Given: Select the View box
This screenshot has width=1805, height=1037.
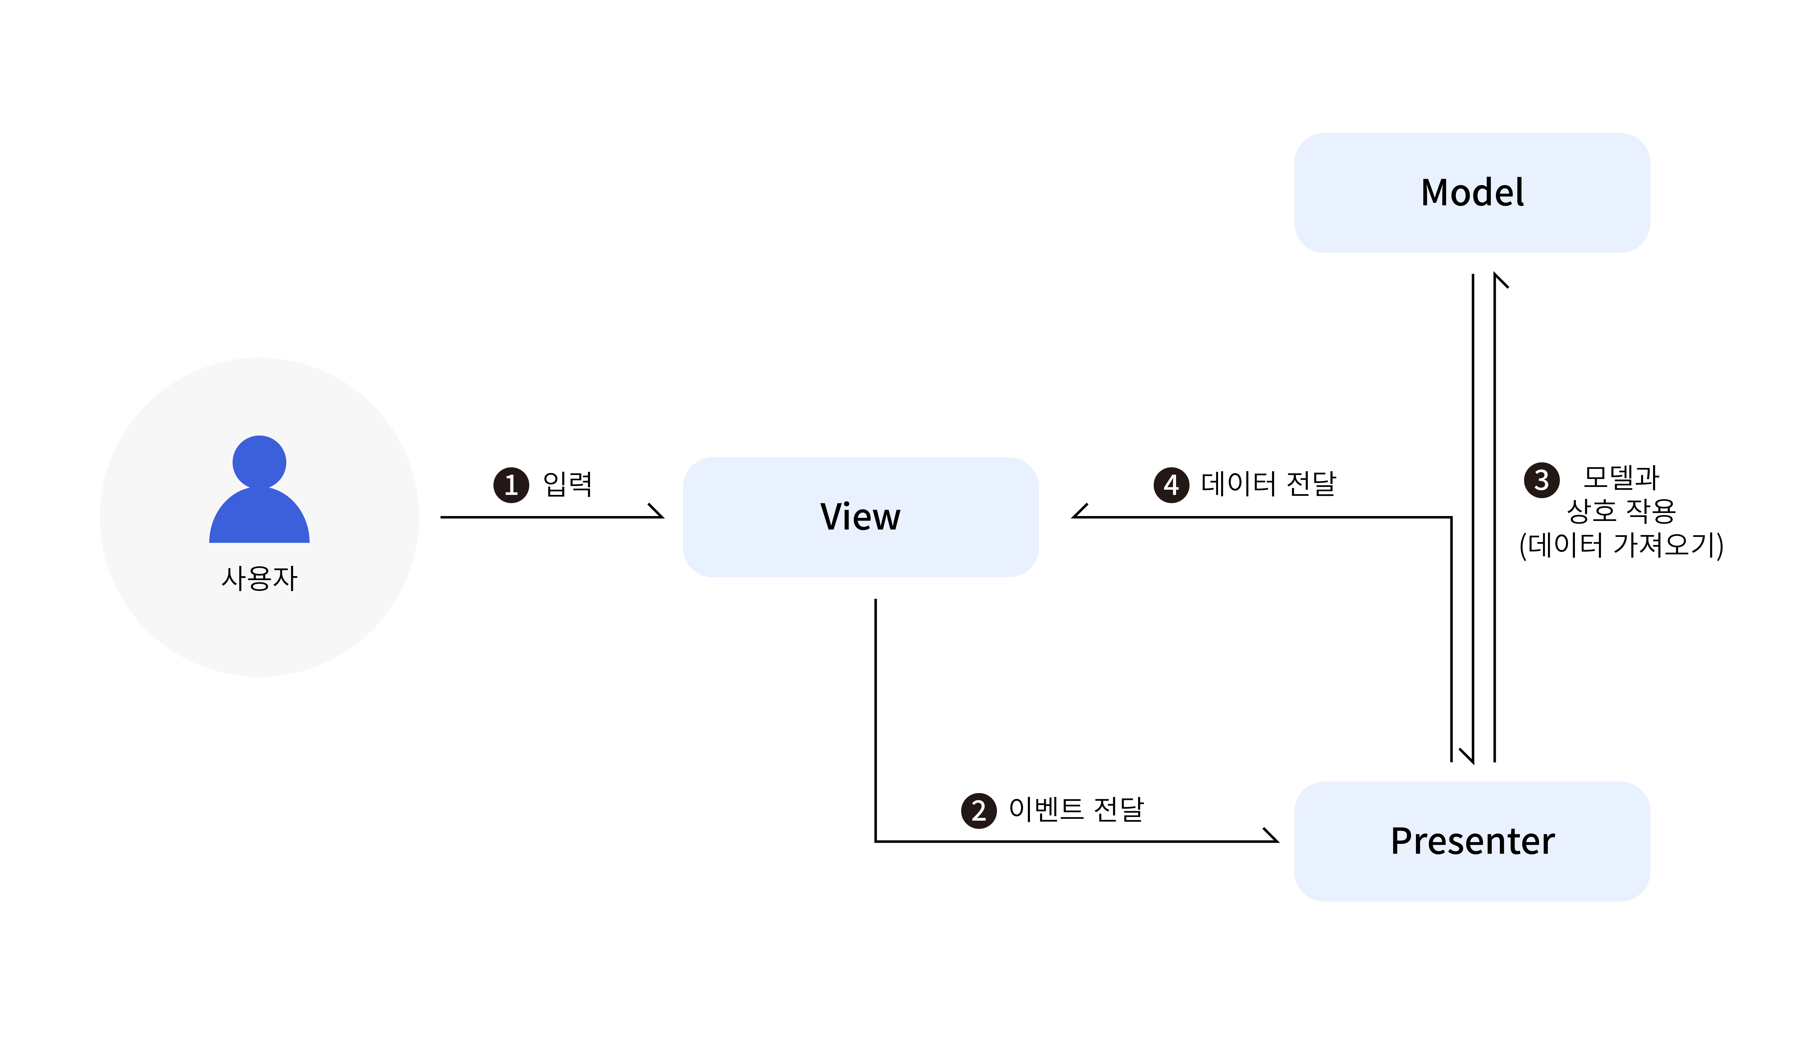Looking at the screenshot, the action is tap(860, 517).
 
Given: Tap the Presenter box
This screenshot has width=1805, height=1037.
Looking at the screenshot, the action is tap(1472, 841).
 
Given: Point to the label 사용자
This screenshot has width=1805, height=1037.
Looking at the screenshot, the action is tap(259, 578).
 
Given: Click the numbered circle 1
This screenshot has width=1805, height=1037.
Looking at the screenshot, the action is tap(511, 485).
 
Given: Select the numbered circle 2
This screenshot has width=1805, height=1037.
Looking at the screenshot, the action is tap(979, 811).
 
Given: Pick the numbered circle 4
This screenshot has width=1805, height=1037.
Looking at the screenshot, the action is tap(1171, 485).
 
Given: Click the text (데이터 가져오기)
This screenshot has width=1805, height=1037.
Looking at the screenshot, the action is tap(1621, 545).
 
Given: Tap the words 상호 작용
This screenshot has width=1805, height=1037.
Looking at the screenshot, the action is tap(1621, 511).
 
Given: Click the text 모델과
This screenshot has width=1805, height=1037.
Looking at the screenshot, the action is tap(1621, 477).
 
